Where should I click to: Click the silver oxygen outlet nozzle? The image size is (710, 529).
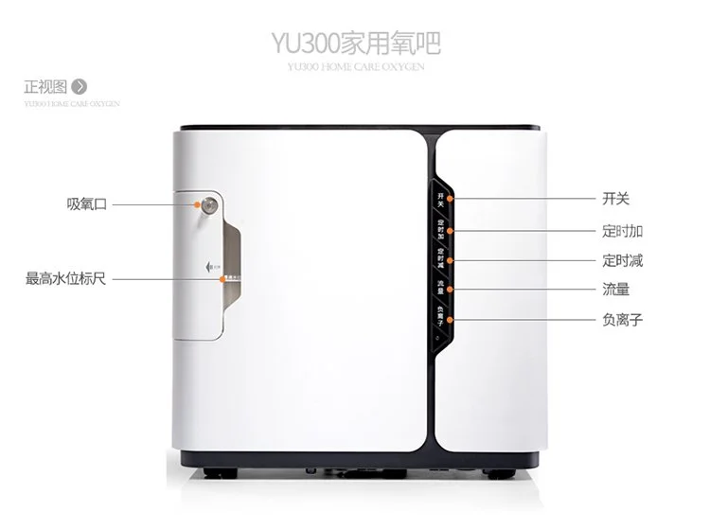click(x=205, y=203)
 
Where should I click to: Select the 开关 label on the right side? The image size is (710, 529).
click(x=615, y=199)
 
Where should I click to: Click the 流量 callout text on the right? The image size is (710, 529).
click(x=615, y=290)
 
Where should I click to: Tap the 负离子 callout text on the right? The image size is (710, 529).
click(x=622, y=319)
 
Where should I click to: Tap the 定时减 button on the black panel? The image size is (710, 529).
click(x=441, y=257)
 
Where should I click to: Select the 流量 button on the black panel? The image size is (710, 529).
click(x=441, y=286)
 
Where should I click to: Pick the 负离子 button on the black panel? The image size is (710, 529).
click(x=441, y=315)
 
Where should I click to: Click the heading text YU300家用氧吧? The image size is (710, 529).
click(x=355, y=44)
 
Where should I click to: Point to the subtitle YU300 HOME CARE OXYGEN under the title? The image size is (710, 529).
click(x=354, y=67)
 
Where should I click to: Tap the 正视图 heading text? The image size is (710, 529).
click(x=44, y=88)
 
